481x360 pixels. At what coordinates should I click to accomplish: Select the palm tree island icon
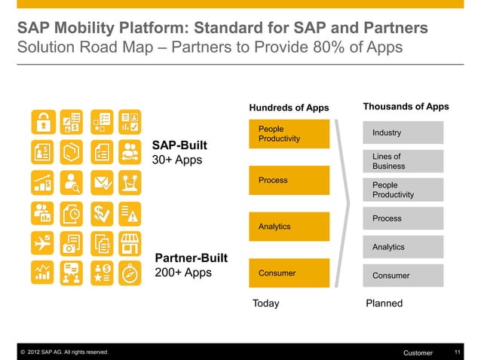(130, 182)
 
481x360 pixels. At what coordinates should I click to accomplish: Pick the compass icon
(130, 272)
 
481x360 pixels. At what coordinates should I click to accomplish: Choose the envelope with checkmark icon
(101, 182)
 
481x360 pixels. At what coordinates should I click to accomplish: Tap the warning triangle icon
(130, 212)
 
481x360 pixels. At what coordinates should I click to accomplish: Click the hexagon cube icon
(72, 151)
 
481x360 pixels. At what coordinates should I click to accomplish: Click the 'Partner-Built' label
(191, 258)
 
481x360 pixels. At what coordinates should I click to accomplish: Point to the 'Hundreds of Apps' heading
(289, 108)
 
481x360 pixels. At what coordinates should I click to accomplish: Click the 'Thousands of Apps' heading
(406, 107)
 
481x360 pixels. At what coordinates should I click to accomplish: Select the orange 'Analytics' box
(290, 227)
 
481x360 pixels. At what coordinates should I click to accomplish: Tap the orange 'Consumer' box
(290, 273)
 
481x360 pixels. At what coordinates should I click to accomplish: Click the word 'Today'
(265, 304)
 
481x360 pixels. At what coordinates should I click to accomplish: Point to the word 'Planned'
(384, 304)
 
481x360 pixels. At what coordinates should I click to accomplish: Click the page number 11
(458, 352)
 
